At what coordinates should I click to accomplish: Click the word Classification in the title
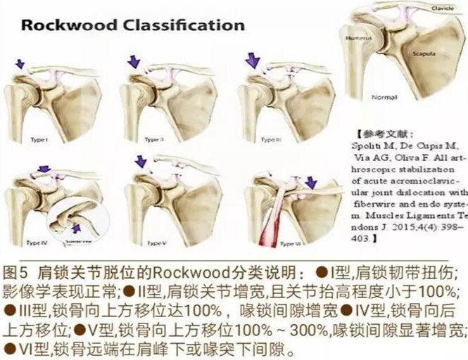click(179, 26)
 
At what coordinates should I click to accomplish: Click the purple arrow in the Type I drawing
click(21, 64)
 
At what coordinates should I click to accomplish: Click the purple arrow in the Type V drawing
click(140, 162)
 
